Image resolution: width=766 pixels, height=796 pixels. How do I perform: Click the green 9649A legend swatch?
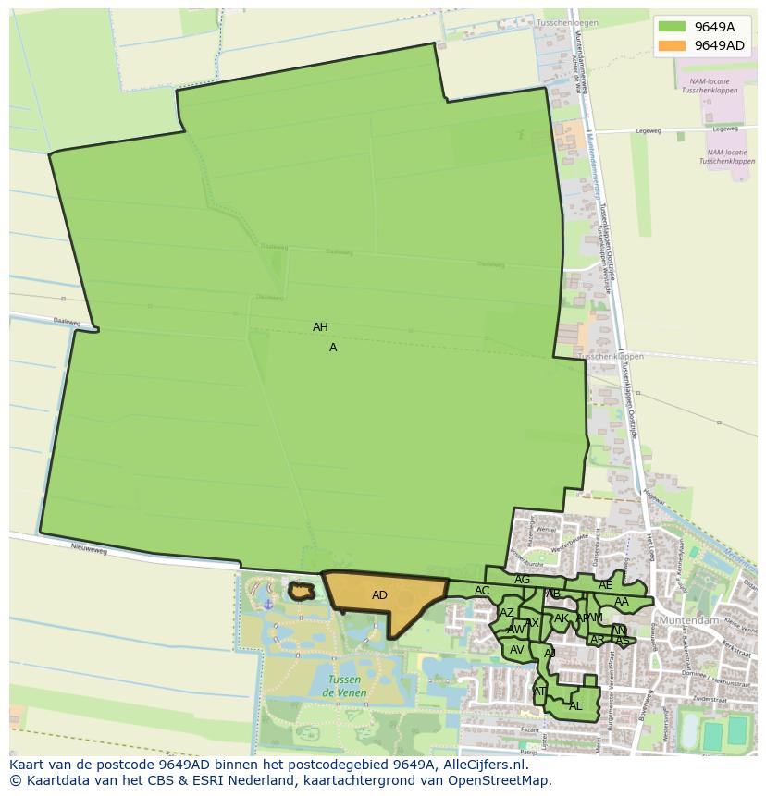tap(671, 27)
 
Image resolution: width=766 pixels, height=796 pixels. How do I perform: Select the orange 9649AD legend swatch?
tap(671, 45)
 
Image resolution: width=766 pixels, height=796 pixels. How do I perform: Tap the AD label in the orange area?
tap(379, 595)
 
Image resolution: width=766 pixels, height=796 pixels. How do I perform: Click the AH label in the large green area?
tap(320, 327)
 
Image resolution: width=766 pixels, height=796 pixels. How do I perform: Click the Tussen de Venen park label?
tap(345, 686)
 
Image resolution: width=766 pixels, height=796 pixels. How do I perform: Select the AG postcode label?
tap(523, 580)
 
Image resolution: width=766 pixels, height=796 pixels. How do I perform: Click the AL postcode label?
tap(575, 705)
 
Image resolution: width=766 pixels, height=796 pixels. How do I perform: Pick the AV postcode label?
tap(517, 650)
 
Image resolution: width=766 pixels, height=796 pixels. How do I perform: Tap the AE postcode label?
tap(605, 585)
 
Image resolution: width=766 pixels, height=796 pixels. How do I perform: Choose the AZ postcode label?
tap(506, 613)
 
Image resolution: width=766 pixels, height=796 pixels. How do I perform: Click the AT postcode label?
tap(539, 691)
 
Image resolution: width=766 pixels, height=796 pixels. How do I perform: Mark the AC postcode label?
tap(482, 591)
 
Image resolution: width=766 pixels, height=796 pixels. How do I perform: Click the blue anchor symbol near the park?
tap(268, 604)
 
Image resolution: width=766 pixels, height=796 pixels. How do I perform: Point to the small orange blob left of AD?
tap(301, 590)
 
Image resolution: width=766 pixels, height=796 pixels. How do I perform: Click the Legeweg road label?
tap(649, 131)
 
